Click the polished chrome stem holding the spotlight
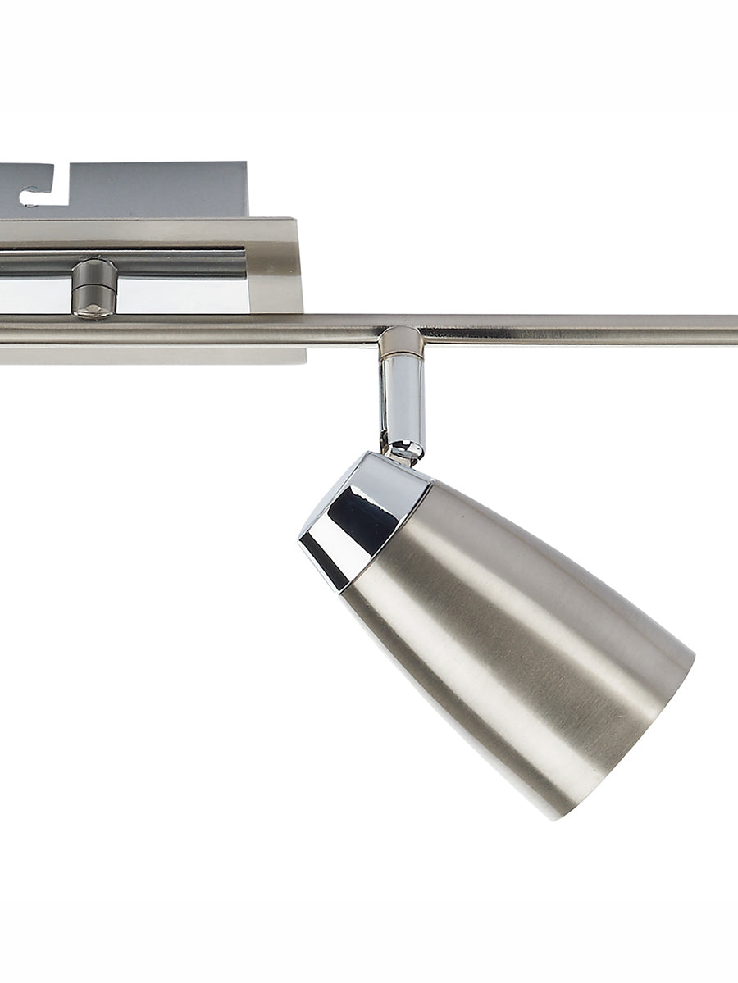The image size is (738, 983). (401, 402)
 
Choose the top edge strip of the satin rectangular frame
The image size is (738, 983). (148, 231)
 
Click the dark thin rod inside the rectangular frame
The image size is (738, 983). (180, 263)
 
